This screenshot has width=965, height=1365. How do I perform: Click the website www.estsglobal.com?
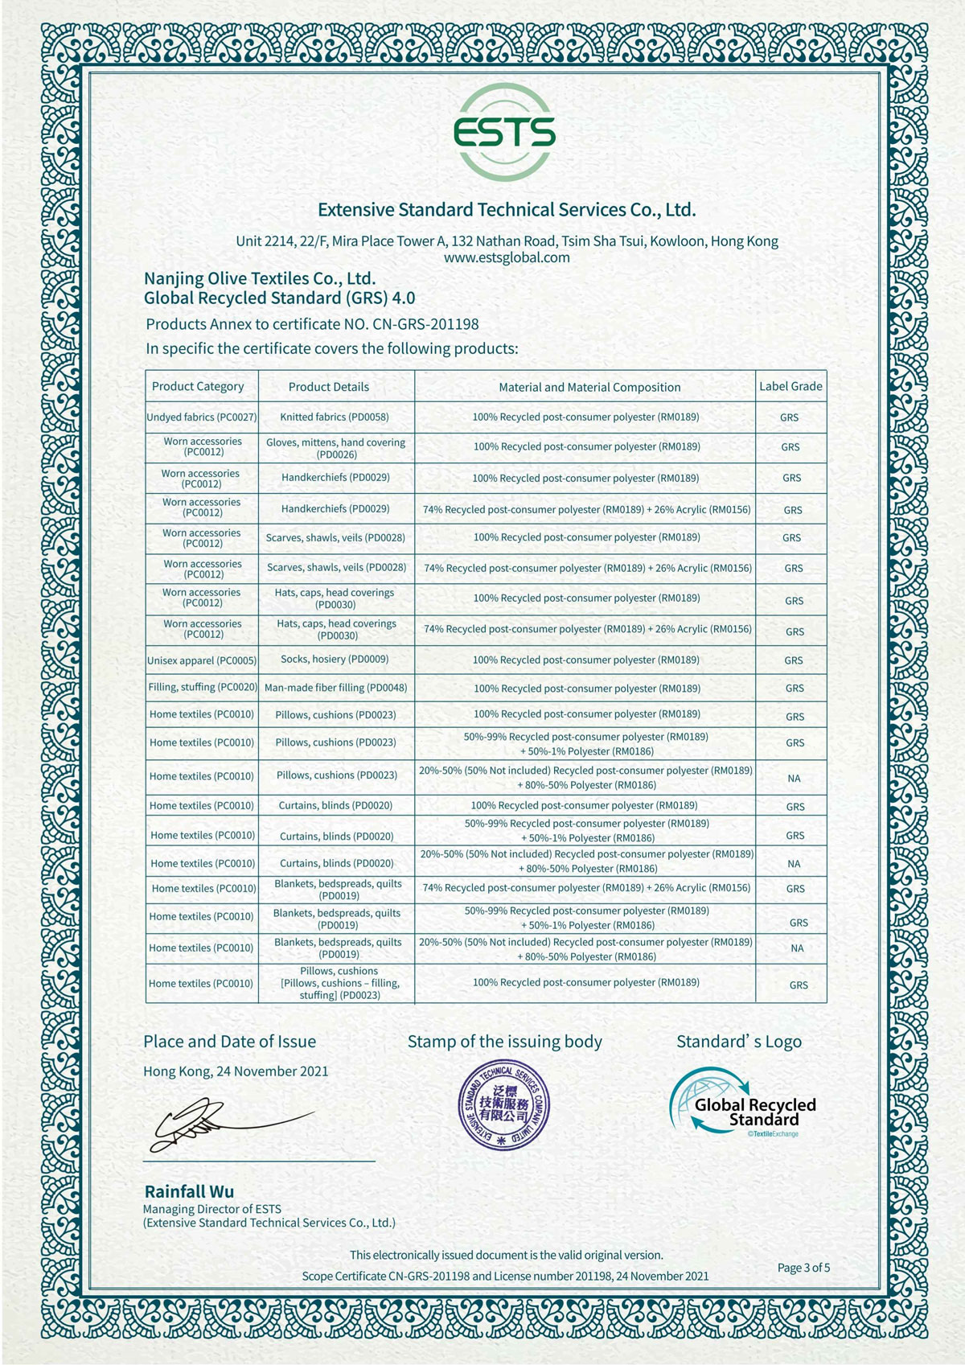[507, 257]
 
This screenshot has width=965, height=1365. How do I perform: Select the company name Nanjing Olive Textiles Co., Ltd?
[260, 279]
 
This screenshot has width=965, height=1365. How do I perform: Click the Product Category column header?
[198, 386]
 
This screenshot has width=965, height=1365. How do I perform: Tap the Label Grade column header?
[790, 386]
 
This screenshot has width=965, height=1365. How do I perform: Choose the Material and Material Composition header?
[589, 387]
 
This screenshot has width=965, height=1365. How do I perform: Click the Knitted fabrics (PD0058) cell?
[335, 417]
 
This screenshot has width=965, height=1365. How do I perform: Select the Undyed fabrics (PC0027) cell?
[202, 417]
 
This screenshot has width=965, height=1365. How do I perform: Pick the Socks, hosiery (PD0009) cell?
[335, 659]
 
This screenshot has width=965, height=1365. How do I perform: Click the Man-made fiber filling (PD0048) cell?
[336, 688]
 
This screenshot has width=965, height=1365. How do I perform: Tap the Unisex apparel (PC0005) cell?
[202, 660]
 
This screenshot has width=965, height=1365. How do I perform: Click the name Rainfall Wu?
[189, 1191]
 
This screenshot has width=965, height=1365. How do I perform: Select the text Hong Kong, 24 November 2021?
[236, 1071]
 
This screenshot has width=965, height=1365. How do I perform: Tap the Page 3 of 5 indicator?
[803, 1268]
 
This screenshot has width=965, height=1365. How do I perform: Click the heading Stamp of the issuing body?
[504, 1042]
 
